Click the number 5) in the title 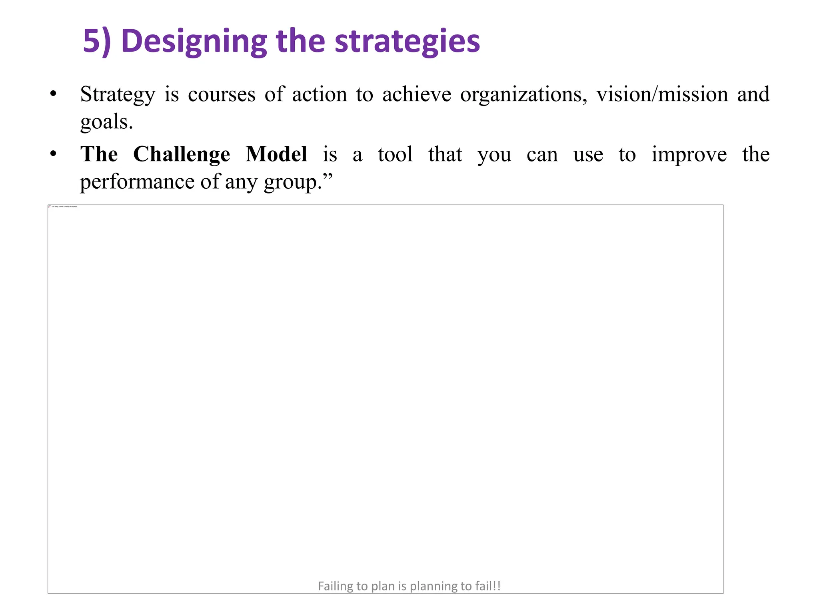96,41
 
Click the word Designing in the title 194,41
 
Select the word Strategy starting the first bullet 118,95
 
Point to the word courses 222,95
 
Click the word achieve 417,95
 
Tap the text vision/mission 662,95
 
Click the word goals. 106,122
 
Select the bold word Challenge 182,154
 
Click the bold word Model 276,154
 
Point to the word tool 395,154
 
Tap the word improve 689,154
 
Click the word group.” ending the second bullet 298,182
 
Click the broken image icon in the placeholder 50,207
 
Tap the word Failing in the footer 336,586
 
